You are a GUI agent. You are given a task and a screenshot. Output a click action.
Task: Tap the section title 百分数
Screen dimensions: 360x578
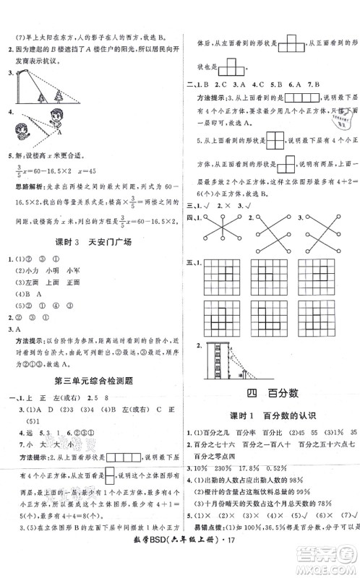click(271, 392)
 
